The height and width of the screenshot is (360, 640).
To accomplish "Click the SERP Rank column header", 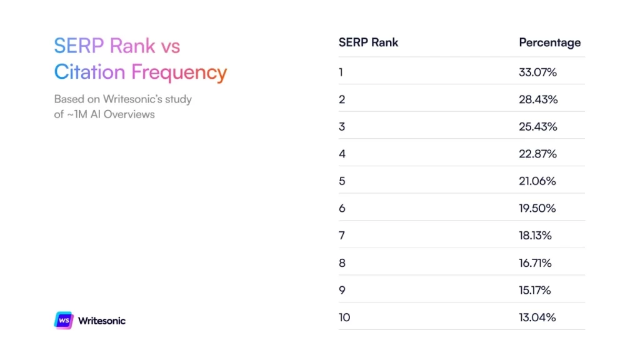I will (368, 42).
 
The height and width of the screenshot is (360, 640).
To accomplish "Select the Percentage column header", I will (549, 42).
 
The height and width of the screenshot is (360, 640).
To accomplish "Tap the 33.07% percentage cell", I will (537, 72).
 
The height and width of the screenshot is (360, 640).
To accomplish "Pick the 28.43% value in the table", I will (537, 99).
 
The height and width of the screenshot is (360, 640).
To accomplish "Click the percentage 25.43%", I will (537, 126).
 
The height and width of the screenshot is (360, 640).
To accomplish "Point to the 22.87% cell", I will (537, 154).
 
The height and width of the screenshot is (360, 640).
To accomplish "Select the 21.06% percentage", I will (537, 181).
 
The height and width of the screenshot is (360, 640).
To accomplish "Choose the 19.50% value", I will (537, 208).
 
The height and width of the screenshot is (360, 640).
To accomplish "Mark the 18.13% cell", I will (535, 236).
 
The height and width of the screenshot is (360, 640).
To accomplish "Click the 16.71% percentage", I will (535, 263).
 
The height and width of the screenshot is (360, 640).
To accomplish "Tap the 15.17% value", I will (534, 290).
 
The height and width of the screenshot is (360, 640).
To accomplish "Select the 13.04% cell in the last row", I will (537, 317).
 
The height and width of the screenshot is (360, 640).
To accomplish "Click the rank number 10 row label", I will (344, 317).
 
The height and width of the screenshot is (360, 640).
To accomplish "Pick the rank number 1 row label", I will (341, 72).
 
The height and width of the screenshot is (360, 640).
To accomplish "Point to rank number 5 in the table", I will (342, 181).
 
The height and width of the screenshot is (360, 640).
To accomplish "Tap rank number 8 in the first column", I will (342, 263).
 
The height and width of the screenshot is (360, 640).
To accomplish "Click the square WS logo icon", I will (64, 320).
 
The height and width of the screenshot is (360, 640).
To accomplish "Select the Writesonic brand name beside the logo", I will (101, 321).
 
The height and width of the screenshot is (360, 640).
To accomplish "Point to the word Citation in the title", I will (89, 72).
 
